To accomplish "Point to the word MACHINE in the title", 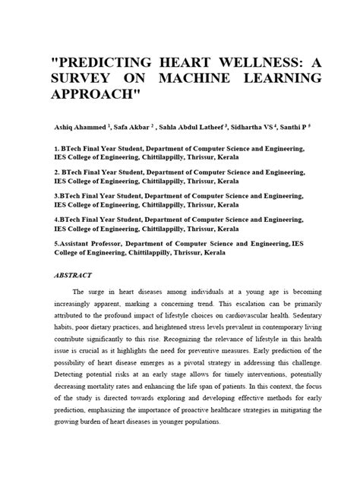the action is point(216,79).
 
